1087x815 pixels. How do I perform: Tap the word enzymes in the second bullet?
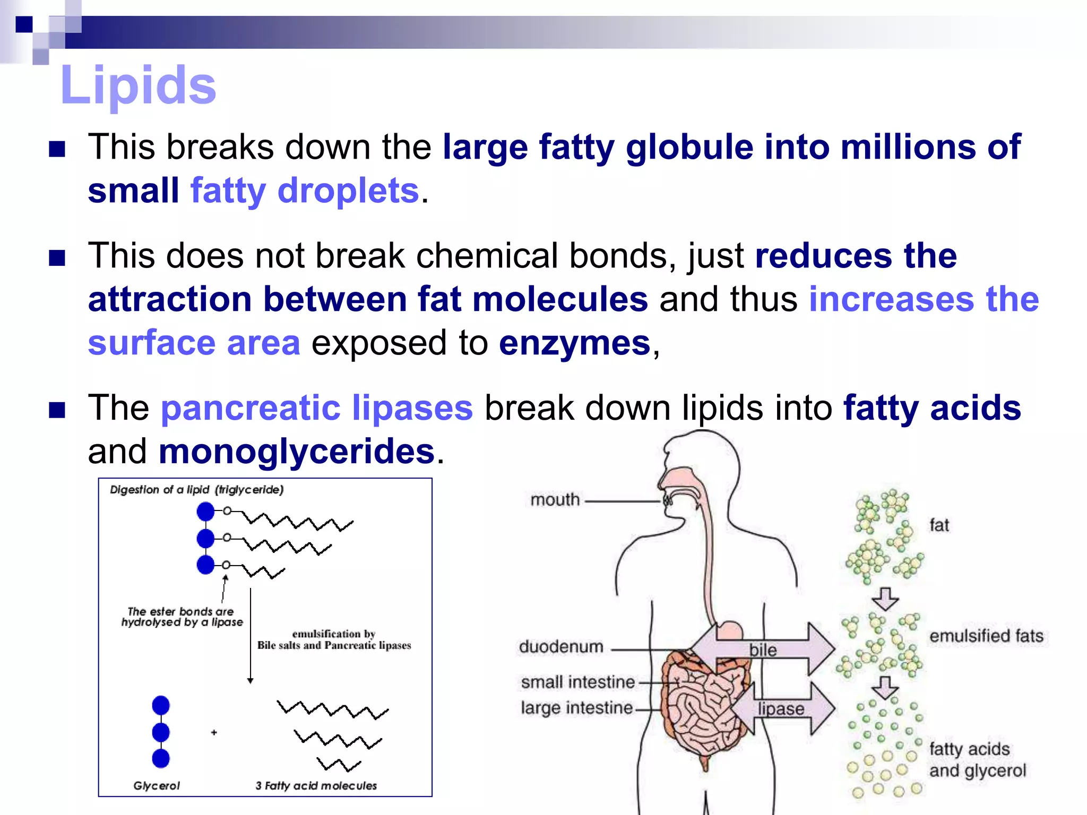click(x=574, y=343)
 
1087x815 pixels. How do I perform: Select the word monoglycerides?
click(x=297, y=452)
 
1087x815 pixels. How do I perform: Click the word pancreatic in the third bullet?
click(x=251, y=408)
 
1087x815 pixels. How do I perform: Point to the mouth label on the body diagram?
click(x=555, y=500)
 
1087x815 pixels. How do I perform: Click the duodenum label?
click(x=561, y=647)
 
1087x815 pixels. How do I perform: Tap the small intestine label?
click(x=577, y=682)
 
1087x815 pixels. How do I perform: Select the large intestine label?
click(x=576, y=708)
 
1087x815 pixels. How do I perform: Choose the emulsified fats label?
click(x=986, y=636)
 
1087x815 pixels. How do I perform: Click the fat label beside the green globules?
click(x=939, y=525)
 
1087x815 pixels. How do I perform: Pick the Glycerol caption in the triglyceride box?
click(x=157, y=786)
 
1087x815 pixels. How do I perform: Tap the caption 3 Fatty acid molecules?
click(x=316, y=786)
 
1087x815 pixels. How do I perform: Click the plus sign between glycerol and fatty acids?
click(x=214, y=733)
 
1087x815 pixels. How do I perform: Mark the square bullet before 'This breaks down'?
click(x=57, y=150)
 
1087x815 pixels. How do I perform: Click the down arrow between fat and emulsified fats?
click(x=885, y=599)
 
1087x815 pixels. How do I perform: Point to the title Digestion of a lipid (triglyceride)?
click(x=197, y=490)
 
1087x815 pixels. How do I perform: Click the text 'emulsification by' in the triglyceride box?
click(x=334, y=634)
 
